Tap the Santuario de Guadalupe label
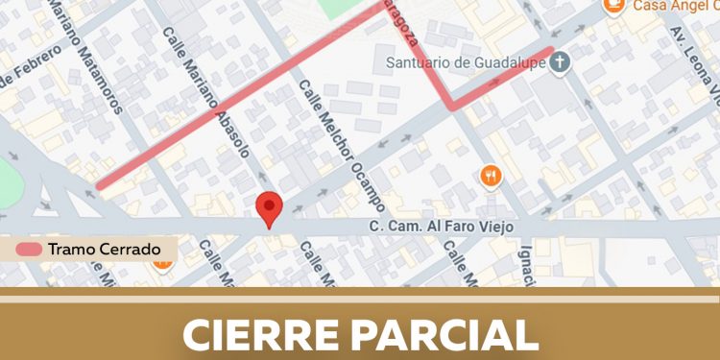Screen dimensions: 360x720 coord(466,64)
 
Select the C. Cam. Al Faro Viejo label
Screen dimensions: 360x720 coord(443,227)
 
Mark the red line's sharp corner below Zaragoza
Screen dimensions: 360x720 coord(450,108)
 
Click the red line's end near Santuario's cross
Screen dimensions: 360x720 coord(551,50)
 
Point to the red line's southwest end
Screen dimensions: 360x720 coord(99,187)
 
